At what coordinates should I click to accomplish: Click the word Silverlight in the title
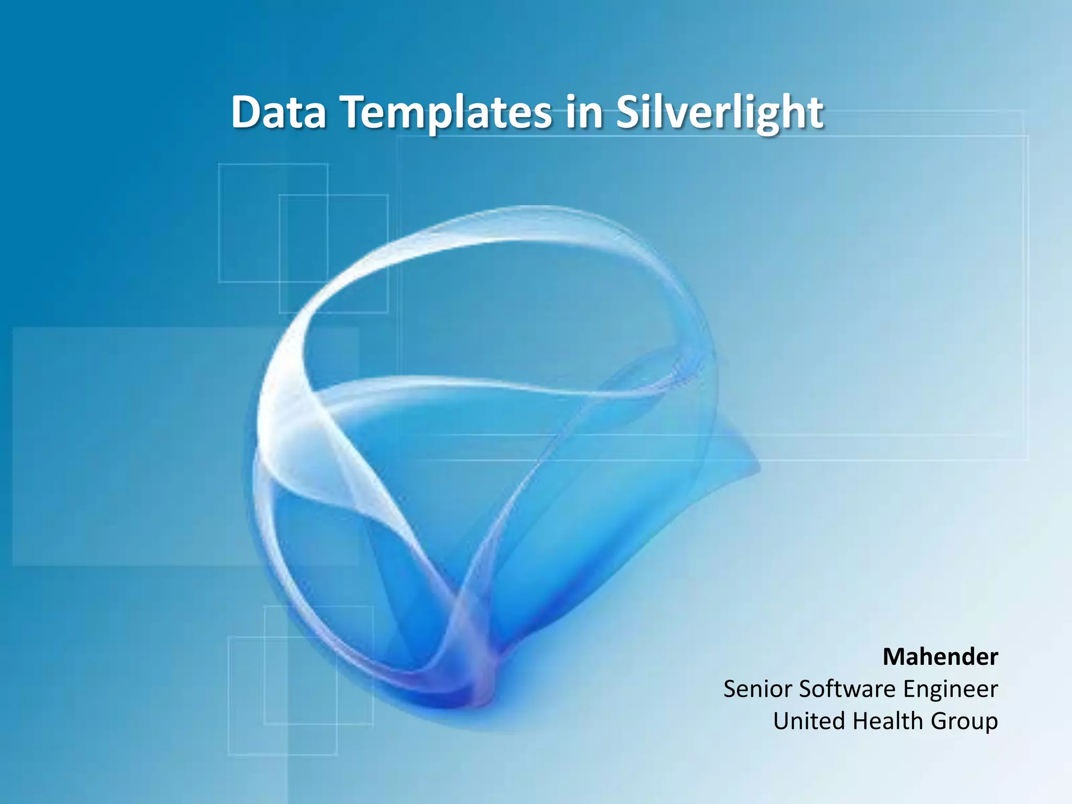[x=719, y=113]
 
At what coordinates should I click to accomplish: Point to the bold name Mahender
[x=940, y=656]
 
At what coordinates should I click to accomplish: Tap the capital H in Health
[x=861, y=721]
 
